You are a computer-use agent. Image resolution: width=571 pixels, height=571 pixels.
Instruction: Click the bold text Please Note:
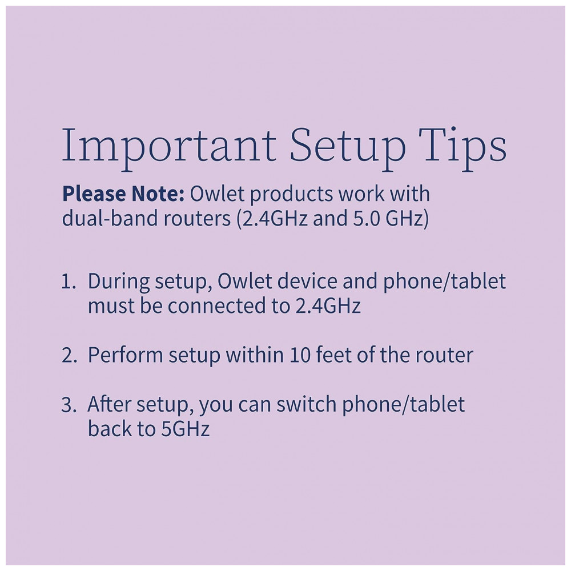click(123, 194)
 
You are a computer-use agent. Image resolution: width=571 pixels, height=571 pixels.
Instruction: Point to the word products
click(291, 195)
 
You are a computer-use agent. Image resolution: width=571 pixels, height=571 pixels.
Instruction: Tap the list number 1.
click(69, 282)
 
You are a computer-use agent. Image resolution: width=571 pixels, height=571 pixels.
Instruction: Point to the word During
click(119, 282)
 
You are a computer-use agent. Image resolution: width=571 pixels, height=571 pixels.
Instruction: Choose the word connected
click(217, 305)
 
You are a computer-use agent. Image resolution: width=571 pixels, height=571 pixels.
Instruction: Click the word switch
click(306, 404)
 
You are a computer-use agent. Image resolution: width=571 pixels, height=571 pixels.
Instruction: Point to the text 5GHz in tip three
click(186, 429)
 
